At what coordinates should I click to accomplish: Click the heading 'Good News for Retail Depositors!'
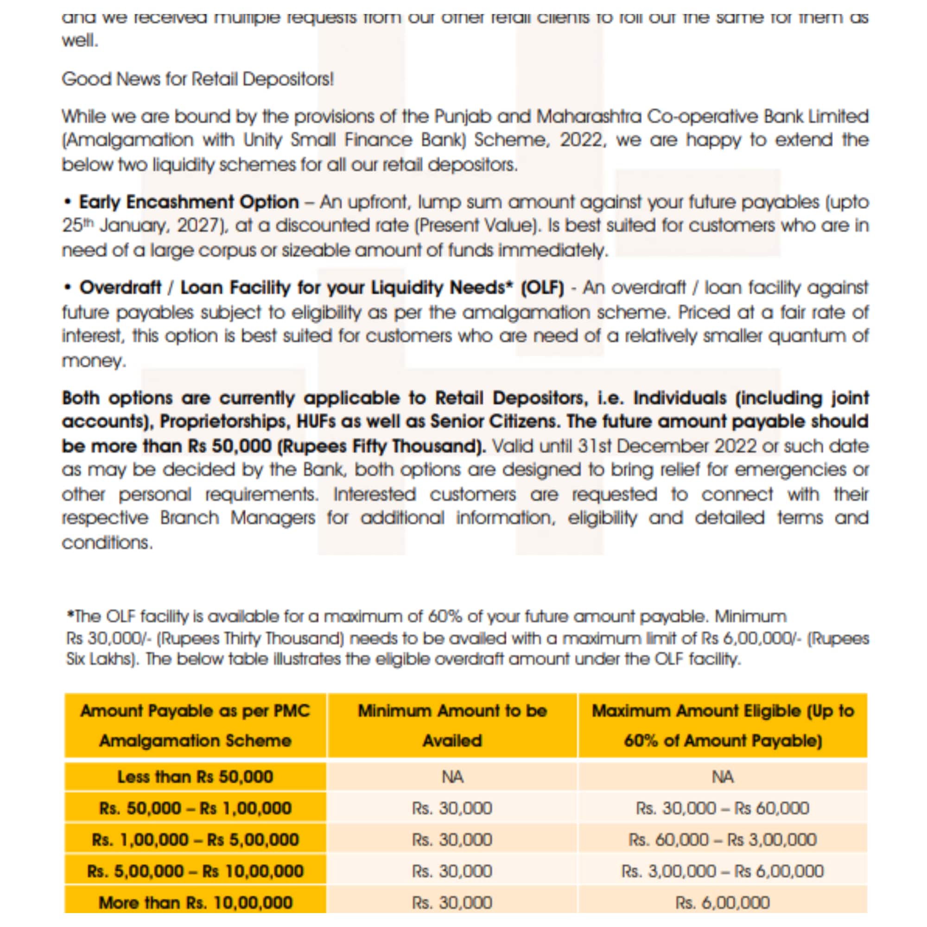click(197, 79)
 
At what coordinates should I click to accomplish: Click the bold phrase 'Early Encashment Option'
click(189, 202)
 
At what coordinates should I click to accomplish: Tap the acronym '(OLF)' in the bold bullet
click(542, 287)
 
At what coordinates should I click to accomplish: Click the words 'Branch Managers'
click(237, 518)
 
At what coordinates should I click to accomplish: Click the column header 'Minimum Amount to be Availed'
click(452, 725)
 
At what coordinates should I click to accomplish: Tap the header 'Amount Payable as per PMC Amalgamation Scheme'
click(195, 725)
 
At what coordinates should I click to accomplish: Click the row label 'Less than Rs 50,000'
click(195, 776)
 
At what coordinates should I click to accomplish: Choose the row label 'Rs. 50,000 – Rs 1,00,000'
click(195, 808)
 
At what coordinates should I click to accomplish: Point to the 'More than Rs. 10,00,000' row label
click(195, 902)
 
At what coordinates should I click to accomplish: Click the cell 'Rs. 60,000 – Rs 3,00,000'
click(723, 840)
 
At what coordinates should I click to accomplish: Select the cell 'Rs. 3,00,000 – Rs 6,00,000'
click(723, 871)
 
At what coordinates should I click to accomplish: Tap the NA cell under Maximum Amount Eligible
click(723, 776)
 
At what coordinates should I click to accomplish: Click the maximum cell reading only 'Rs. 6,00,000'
click(723, 902)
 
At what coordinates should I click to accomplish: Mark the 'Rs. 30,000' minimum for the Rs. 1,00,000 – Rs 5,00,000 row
click(452, 840)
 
